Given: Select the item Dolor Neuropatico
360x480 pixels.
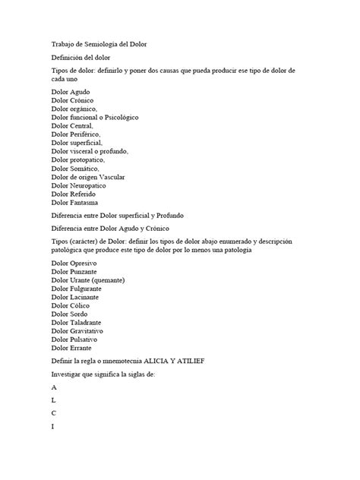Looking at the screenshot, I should point(84,185).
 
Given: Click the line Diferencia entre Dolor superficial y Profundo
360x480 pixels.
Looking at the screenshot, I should point(129,215).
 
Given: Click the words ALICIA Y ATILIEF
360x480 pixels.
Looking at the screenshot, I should point(188,361).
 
